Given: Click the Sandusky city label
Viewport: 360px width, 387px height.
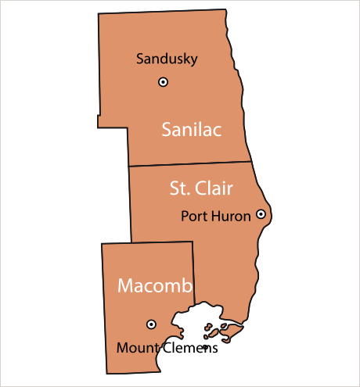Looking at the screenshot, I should [167, 59].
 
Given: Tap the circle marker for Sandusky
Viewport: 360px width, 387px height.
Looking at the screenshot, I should [163, 81].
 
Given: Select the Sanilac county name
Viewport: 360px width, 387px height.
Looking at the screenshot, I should [192, 130].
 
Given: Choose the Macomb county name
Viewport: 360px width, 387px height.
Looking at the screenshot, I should [155, 286].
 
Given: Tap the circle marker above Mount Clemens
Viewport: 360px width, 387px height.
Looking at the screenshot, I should [151, 324].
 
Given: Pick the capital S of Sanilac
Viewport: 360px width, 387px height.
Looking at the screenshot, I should [167, 130].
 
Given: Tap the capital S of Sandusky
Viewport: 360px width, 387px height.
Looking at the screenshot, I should [140, 59].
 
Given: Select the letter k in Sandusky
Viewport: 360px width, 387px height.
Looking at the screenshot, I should [184, 59].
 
